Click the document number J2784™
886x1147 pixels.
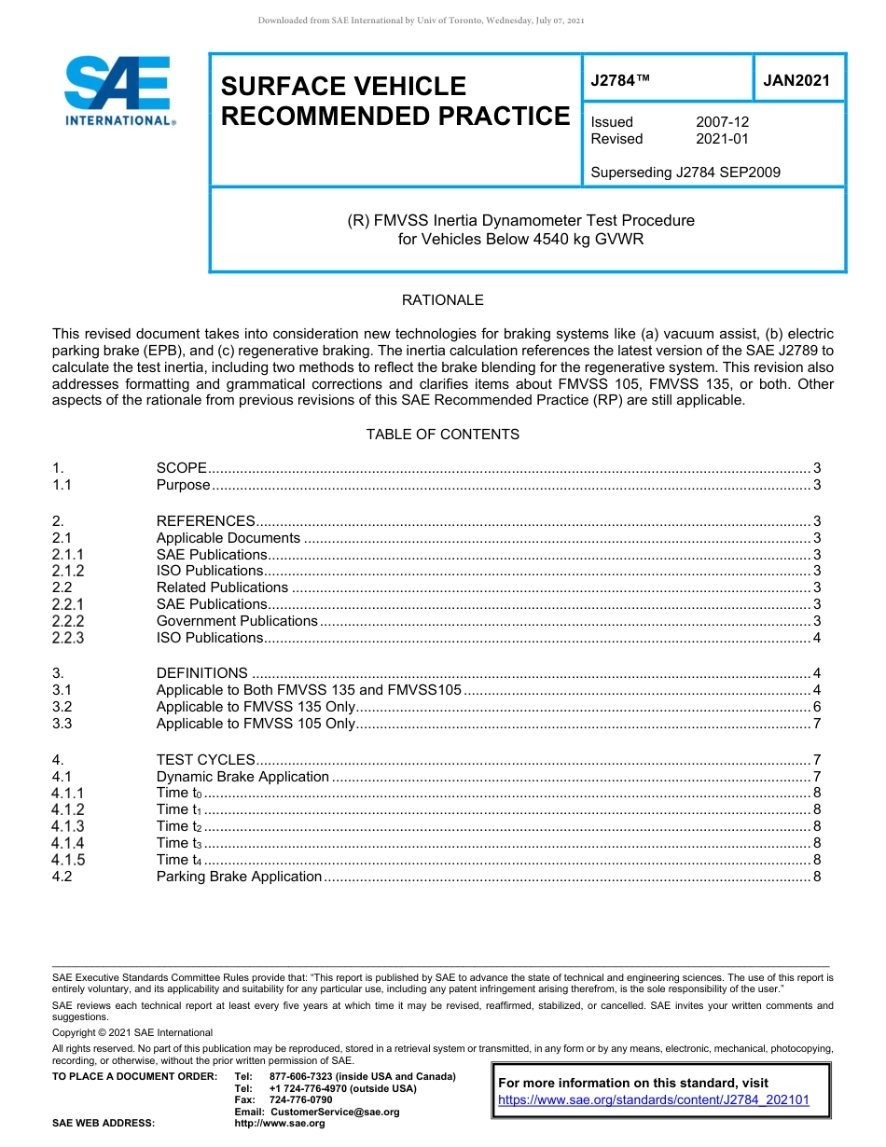point(620,81)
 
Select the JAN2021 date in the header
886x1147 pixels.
point(796,81)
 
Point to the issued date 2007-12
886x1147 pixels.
point(722,122)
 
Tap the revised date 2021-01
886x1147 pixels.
point(722,139)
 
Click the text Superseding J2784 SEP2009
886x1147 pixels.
point(685,172)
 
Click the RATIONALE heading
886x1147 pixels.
point(442,300)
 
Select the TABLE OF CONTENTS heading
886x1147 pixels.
point(442,435)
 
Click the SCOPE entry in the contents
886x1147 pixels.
point(181,468)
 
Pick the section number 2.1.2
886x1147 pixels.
point(68,571)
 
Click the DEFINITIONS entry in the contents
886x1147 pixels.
point(201,673)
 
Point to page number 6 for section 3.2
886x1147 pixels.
point(816,707)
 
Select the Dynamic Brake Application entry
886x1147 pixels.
point(242,777)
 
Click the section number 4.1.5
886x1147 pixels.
point(68,860)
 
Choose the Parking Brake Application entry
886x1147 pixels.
point(239,877)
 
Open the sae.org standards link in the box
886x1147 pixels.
point(654,1099)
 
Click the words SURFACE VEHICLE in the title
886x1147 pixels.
point(342,87)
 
